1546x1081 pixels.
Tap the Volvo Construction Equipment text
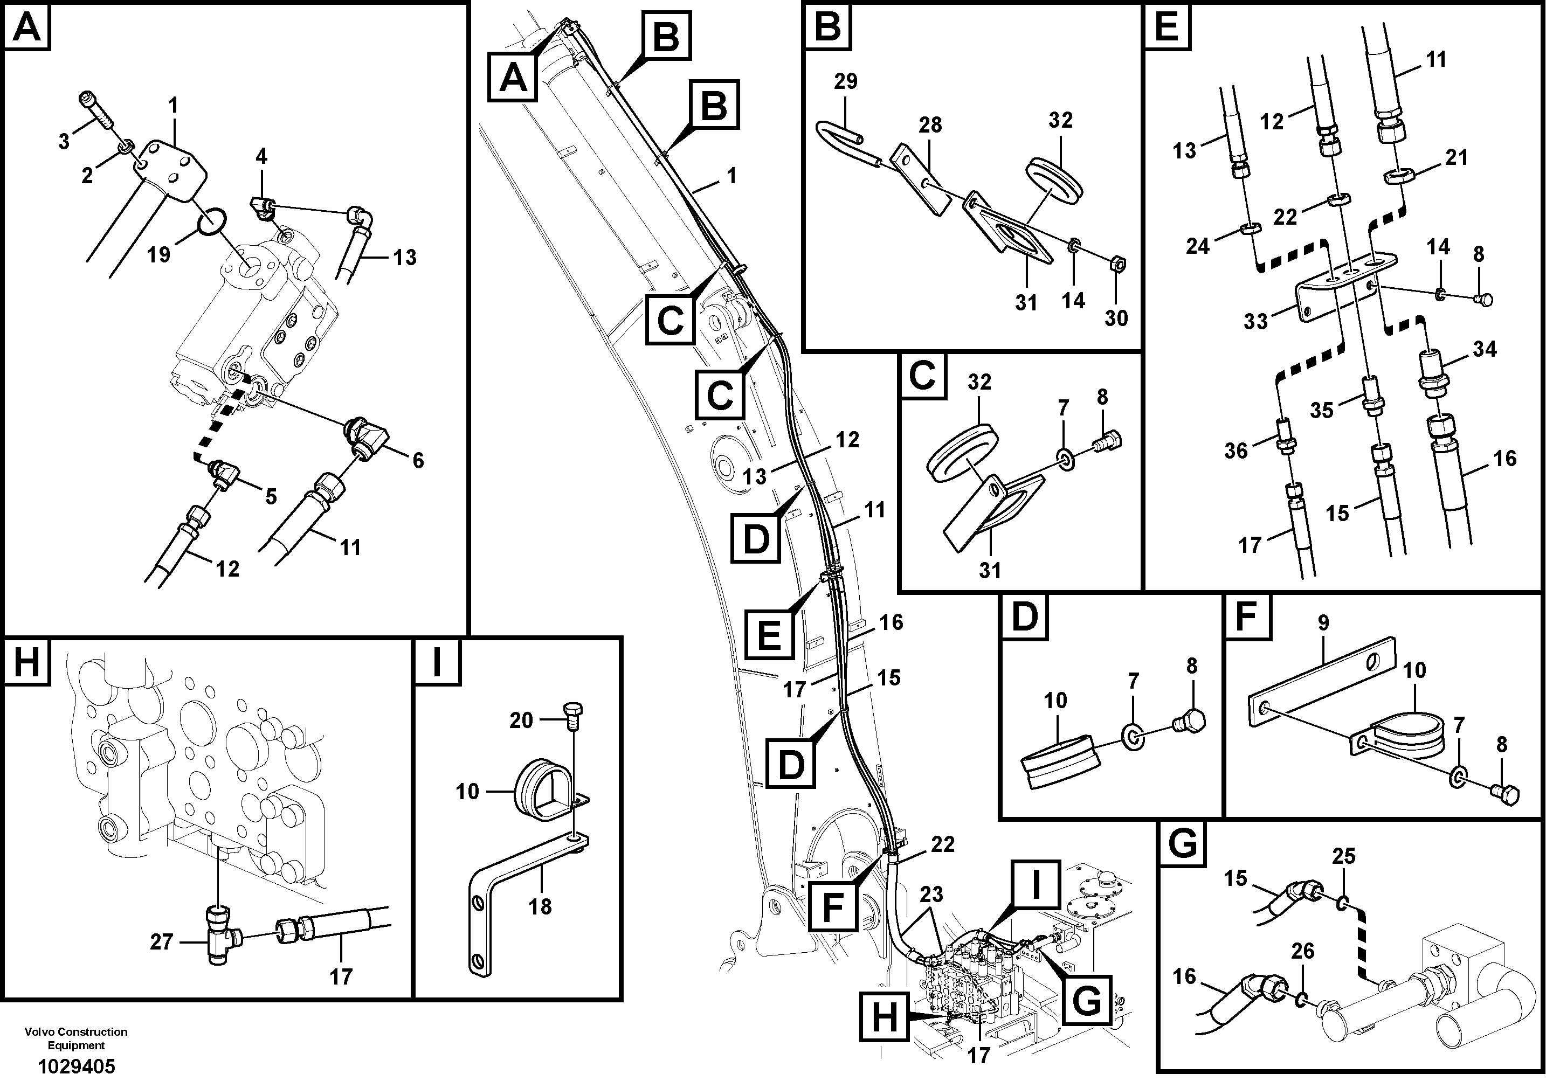(76, 1038)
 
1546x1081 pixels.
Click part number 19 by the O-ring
(159, 255)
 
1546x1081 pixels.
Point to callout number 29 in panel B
(846, 81)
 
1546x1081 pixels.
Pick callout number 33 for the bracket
(1255, 322)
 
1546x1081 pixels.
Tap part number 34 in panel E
(1484, 349)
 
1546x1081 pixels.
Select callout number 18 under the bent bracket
(540, 906)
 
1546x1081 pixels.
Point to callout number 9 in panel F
(1323, 622)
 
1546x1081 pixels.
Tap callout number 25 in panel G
(1343, 857)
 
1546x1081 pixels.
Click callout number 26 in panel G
(1302, 951)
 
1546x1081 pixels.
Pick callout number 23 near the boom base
(931, 895)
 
